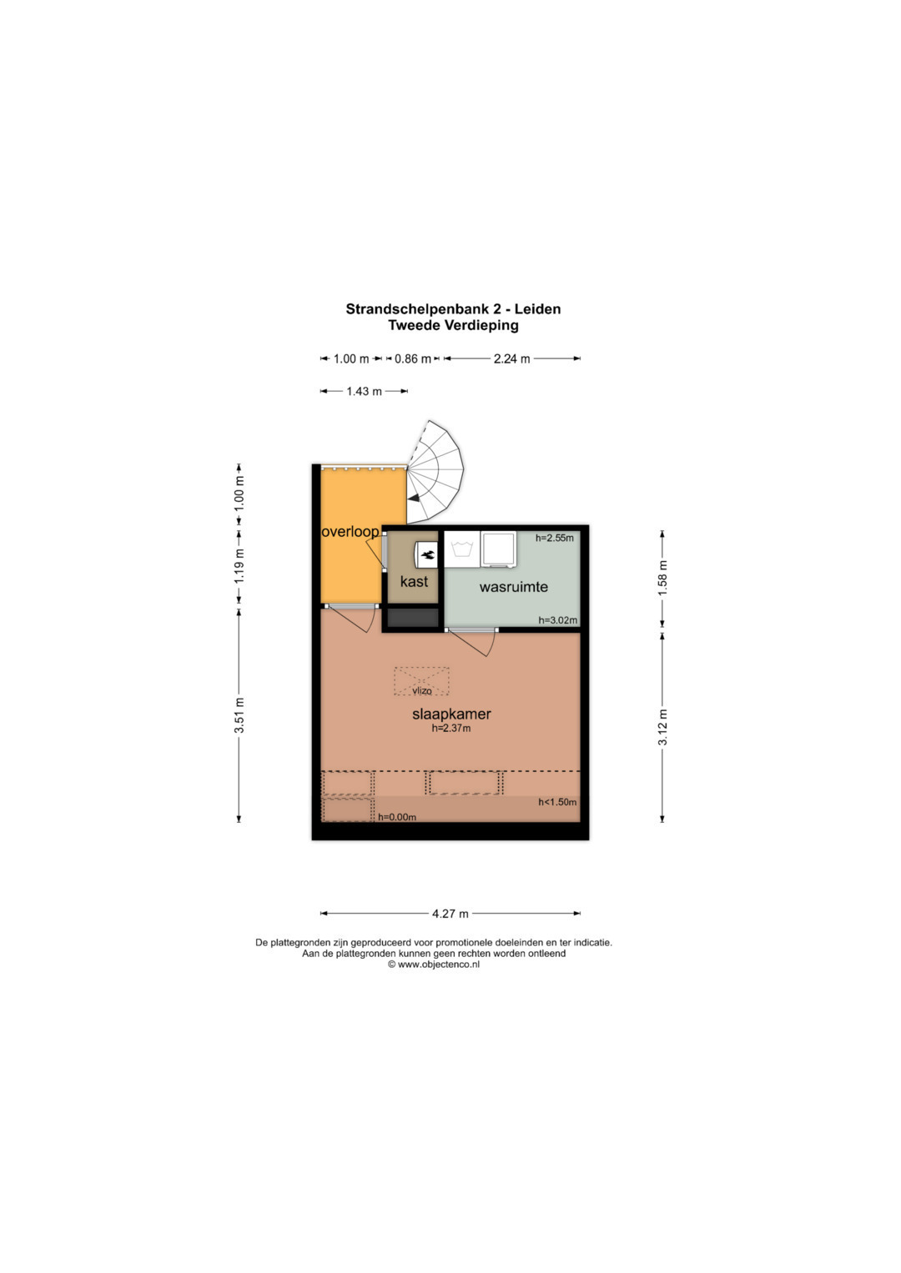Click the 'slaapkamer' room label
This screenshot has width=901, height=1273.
pos(451,714)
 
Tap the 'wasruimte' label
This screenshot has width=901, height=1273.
pos(514,587)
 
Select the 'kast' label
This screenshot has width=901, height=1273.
pos(414,581)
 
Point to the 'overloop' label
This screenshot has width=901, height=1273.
pos(350,532)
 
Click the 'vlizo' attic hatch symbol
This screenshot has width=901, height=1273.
pos(421,681)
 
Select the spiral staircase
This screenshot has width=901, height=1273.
pos(435,472)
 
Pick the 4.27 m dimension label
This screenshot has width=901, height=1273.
pos(450,913)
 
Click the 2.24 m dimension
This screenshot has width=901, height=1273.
pos(512,358)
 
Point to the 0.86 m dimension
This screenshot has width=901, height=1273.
pos(413,358)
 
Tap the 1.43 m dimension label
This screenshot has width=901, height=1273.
pos(364,391)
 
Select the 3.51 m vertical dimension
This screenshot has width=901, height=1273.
pos(239,715)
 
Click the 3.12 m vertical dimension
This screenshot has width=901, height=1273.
pos(662,727)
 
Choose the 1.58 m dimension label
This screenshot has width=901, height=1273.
pos(662,579)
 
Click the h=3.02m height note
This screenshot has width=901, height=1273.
pos(558,620)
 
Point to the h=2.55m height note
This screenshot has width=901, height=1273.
pos(555,538)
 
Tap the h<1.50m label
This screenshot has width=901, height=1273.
pos(557,802)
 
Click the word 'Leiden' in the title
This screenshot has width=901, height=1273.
pos(538,309)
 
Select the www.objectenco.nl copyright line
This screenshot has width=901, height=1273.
pos(434,964)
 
